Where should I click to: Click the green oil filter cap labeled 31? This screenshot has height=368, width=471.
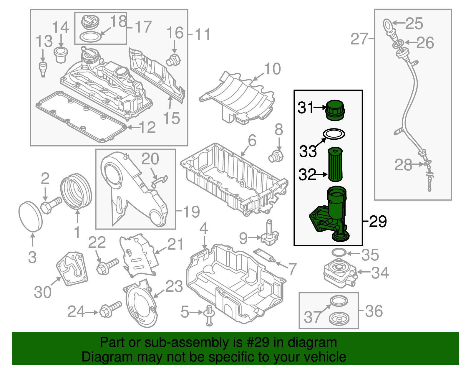(335, 110)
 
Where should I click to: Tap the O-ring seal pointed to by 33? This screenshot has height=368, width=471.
(334, 134)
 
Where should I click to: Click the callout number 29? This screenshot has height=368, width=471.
(378, 221)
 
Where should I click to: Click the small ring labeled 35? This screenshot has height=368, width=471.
(339, 253)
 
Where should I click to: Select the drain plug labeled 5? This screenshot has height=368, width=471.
(209, 315)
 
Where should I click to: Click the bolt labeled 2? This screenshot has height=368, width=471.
(50, 205)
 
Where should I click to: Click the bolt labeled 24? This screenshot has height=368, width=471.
(110, 309)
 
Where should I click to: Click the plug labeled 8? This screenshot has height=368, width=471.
(276, 156)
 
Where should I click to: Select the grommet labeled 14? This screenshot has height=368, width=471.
(61, 55)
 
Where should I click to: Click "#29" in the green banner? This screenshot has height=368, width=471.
(260, 343)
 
